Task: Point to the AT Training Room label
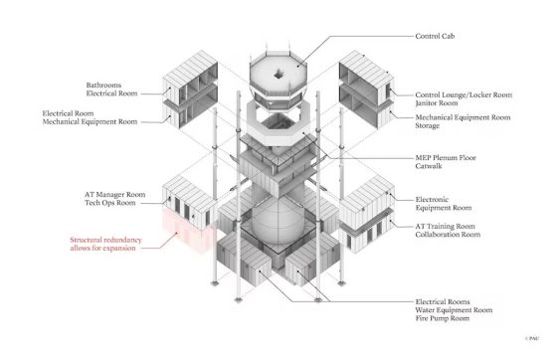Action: [447, 226]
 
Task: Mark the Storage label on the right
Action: [430, 126]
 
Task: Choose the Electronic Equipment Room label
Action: [443, 204]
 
